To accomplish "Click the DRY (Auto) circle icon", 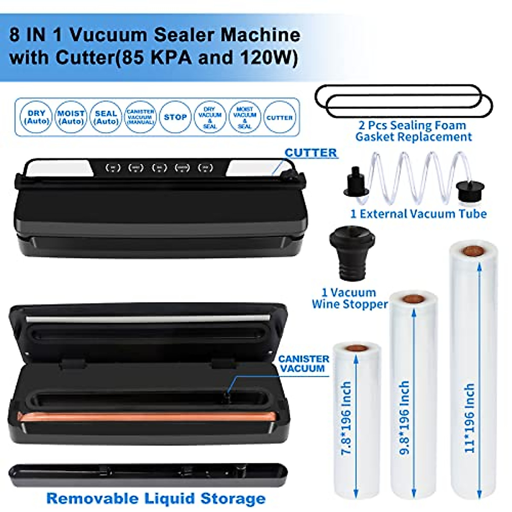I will pos(36,117).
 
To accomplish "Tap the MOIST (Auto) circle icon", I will pos(71,117).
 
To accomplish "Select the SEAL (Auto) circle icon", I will pos(106,117).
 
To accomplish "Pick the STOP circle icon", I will pos(175,117).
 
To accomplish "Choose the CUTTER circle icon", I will pos(279,117).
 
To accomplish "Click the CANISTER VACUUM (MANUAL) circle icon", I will pos(140,117).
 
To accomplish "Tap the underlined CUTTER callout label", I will pos(311,153).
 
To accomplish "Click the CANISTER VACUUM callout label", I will pos(303,364).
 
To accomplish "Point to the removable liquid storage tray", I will pos(147,475).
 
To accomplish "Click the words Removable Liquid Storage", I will pos(156,498).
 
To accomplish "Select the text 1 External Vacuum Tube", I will pos(418,214).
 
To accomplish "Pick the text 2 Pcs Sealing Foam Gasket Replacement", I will pos(413,131).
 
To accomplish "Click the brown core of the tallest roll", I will pos(472,250).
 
